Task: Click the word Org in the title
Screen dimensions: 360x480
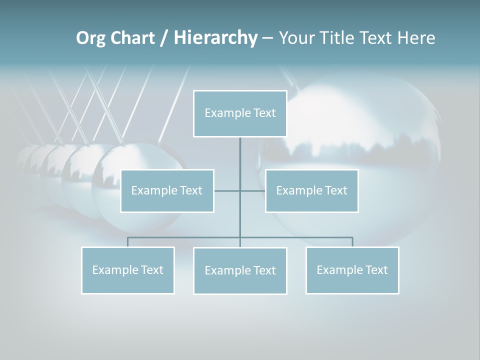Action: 90,38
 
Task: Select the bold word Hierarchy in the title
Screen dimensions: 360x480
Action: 215,38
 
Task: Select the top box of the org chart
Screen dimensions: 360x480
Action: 240,113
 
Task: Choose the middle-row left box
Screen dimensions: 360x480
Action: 167,190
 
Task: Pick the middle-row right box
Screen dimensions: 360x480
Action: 311,190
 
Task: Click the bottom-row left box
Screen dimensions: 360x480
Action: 127,270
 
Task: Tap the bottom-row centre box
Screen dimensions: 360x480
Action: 240,270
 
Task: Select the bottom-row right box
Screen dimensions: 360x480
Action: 352,270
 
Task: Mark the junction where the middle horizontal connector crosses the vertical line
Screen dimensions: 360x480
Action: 240,190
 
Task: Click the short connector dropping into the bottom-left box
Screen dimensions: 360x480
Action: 127,242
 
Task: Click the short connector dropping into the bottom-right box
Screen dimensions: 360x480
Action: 352,242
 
